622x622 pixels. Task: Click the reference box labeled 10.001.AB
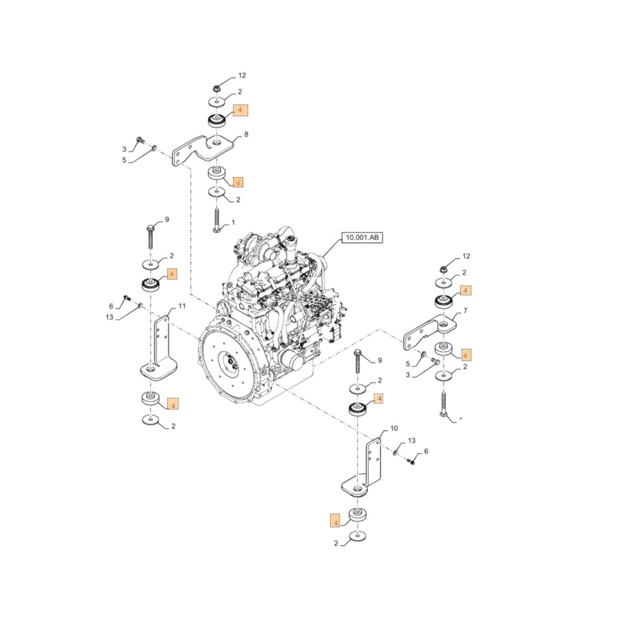tap(362, 238)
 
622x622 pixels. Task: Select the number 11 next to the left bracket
tap(182, 306)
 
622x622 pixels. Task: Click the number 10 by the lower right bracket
tap(394, 429)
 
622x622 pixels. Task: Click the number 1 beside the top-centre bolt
tap(233, 222)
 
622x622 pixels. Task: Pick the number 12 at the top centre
tap(241, 76)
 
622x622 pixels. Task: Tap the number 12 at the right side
tap(466, 256)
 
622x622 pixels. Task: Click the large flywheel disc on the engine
tap(226, 361)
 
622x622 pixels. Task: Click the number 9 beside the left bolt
tap(167, 220)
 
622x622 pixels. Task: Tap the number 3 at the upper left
tap(124, 149)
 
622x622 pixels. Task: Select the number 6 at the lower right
tap(426, 451)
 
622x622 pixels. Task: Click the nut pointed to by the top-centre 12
tap(215, 88)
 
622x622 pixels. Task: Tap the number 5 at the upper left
tap(124, 160)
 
